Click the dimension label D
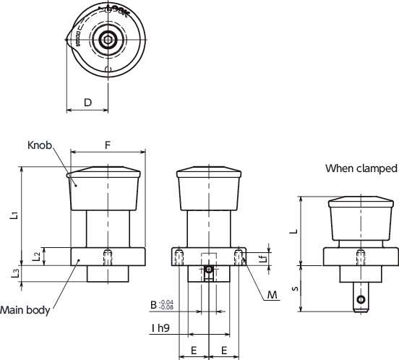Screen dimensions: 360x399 [x=87, y=102]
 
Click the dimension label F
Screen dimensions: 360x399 [x=108, y=145]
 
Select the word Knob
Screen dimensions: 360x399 [x=40, y=145]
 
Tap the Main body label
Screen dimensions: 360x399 [x=25, y=311]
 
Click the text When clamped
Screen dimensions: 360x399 [x=361, y=168]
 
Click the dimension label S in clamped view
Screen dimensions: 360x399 [x=292, y=288]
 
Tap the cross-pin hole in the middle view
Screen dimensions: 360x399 [x=208, y=270]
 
